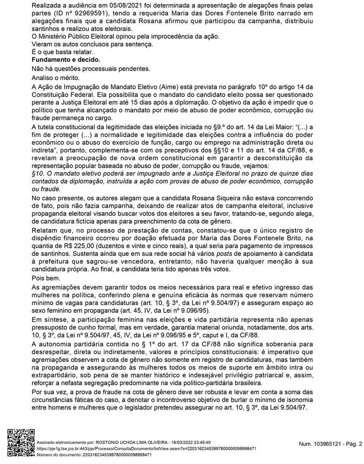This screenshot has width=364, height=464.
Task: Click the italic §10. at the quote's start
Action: [40, 173]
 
